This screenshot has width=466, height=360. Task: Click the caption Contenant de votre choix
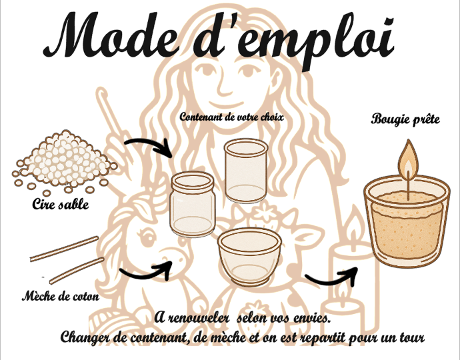coord(232,117)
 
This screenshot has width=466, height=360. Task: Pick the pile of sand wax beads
coord(64,160)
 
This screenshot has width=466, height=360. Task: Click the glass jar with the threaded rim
coord(193,204)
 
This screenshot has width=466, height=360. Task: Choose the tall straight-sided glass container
coord(245,170)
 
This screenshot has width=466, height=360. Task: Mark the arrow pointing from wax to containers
coord(148,146)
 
